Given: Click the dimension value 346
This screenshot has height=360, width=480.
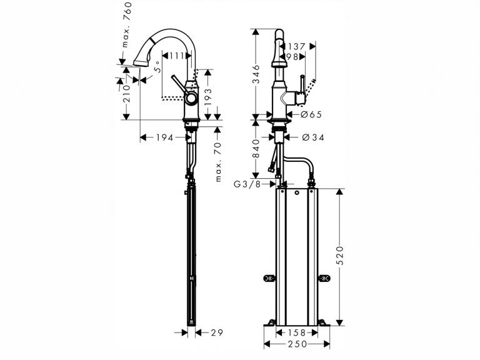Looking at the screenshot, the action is pos(256,74).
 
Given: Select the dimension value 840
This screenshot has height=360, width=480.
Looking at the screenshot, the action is pos(256,149).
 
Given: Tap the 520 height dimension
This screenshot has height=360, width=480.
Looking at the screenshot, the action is pos(340,255).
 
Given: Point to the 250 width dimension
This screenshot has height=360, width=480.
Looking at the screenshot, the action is pos(297,344).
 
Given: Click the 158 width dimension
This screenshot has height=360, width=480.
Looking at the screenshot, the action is pos(297,332).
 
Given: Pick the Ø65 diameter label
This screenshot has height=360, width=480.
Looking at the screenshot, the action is pos(311,114).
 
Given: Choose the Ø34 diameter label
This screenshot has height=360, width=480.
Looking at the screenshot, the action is pos(313,137).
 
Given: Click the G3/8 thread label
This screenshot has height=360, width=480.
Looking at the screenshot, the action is pos(247,184).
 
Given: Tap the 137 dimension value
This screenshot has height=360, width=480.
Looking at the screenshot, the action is pos(296,46).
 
